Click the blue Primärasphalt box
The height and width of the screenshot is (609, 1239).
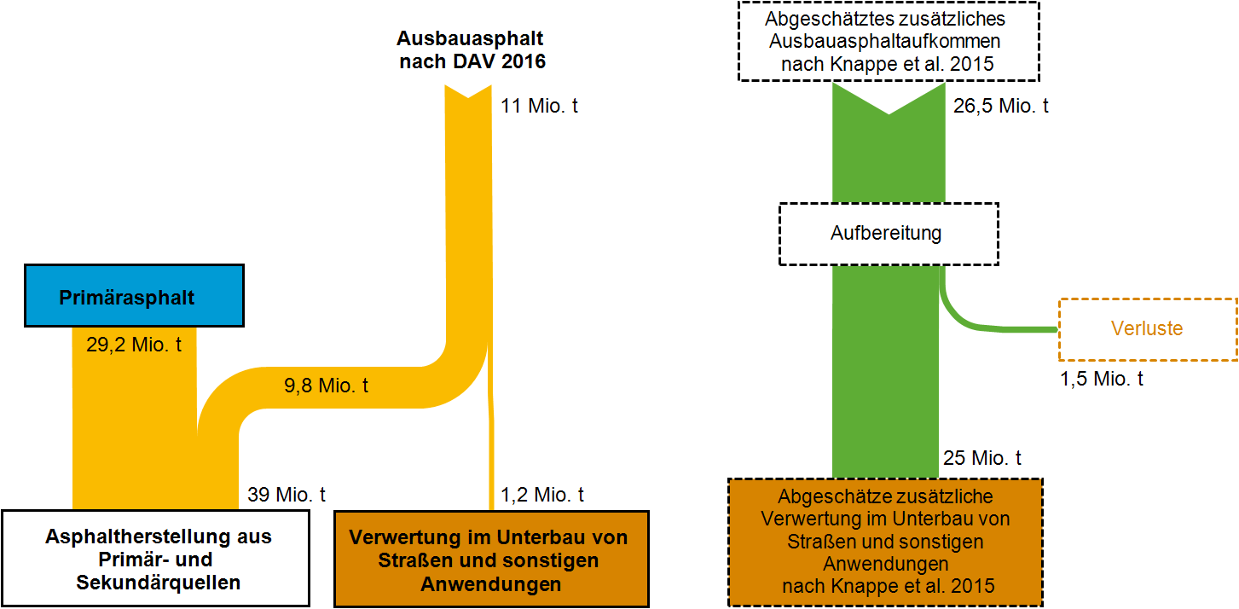(135, 296)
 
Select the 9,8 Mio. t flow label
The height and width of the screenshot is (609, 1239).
(327, 385)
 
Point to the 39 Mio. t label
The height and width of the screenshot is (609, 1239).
(287, 494)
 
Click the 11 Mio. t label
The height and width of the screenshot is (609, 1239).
(540, 107)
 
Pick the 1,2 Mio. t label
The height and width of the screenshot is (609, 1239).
(542, 494)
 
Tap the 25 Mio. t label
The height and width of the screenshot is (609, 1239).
(982, 458)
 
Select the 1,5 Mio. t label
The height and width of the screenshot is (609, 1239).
(1102, 379)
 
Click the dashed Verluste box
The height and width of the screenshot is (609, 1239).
(1147, 328)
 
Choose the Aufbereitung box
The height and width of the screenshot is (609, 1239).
(888, 233)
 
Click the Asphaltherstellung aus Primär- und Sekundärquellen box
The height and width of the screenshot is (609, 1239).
(155, 559)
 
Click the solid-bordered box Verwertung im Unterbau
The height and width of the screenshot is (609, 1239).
(490, 560)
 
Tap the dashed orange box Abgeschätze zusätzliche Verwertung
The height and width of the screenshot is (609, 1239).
(885, 542)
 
